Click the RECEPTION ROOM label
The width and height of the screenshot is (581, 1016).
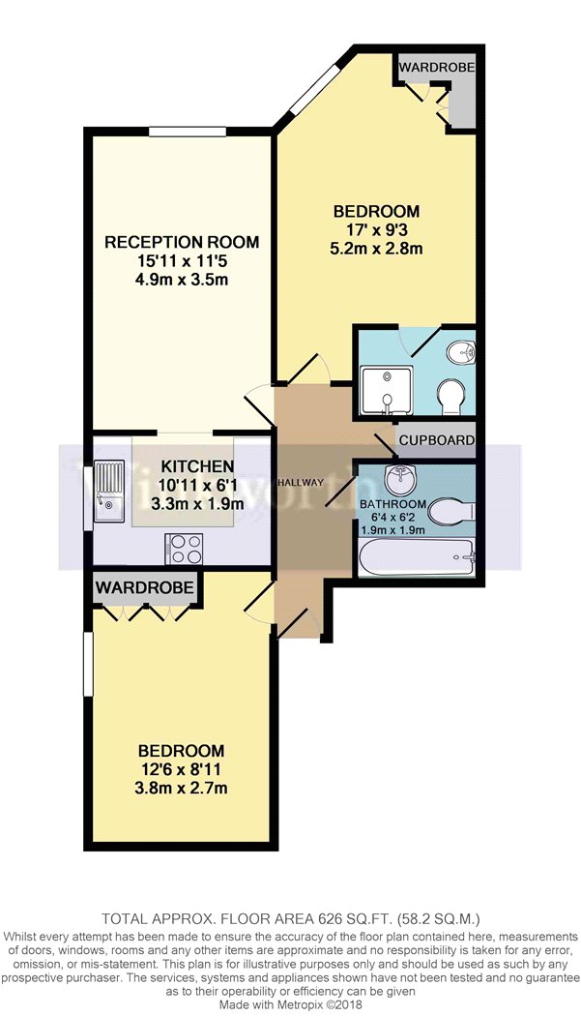click(x=182, y=242)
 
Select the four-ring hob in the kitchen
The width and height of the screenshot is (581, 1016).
click(x=184, y=548)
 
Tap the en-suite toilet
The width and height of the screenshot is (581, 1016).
click(x=450, y=396)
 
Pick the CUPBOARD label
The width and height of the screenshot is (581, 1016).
click(x=436, y=440)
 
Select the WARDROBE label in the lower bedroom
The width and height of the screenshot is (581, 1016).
click(x=144, y=587)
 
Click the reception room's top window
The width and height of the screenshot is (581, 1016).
click(x=188, y=133)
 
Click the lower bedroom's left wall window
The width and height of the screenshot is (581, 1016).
click(x=87, y=665)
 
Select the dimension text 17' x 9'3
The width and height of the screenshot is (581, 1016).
click(x=378, y=228)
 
